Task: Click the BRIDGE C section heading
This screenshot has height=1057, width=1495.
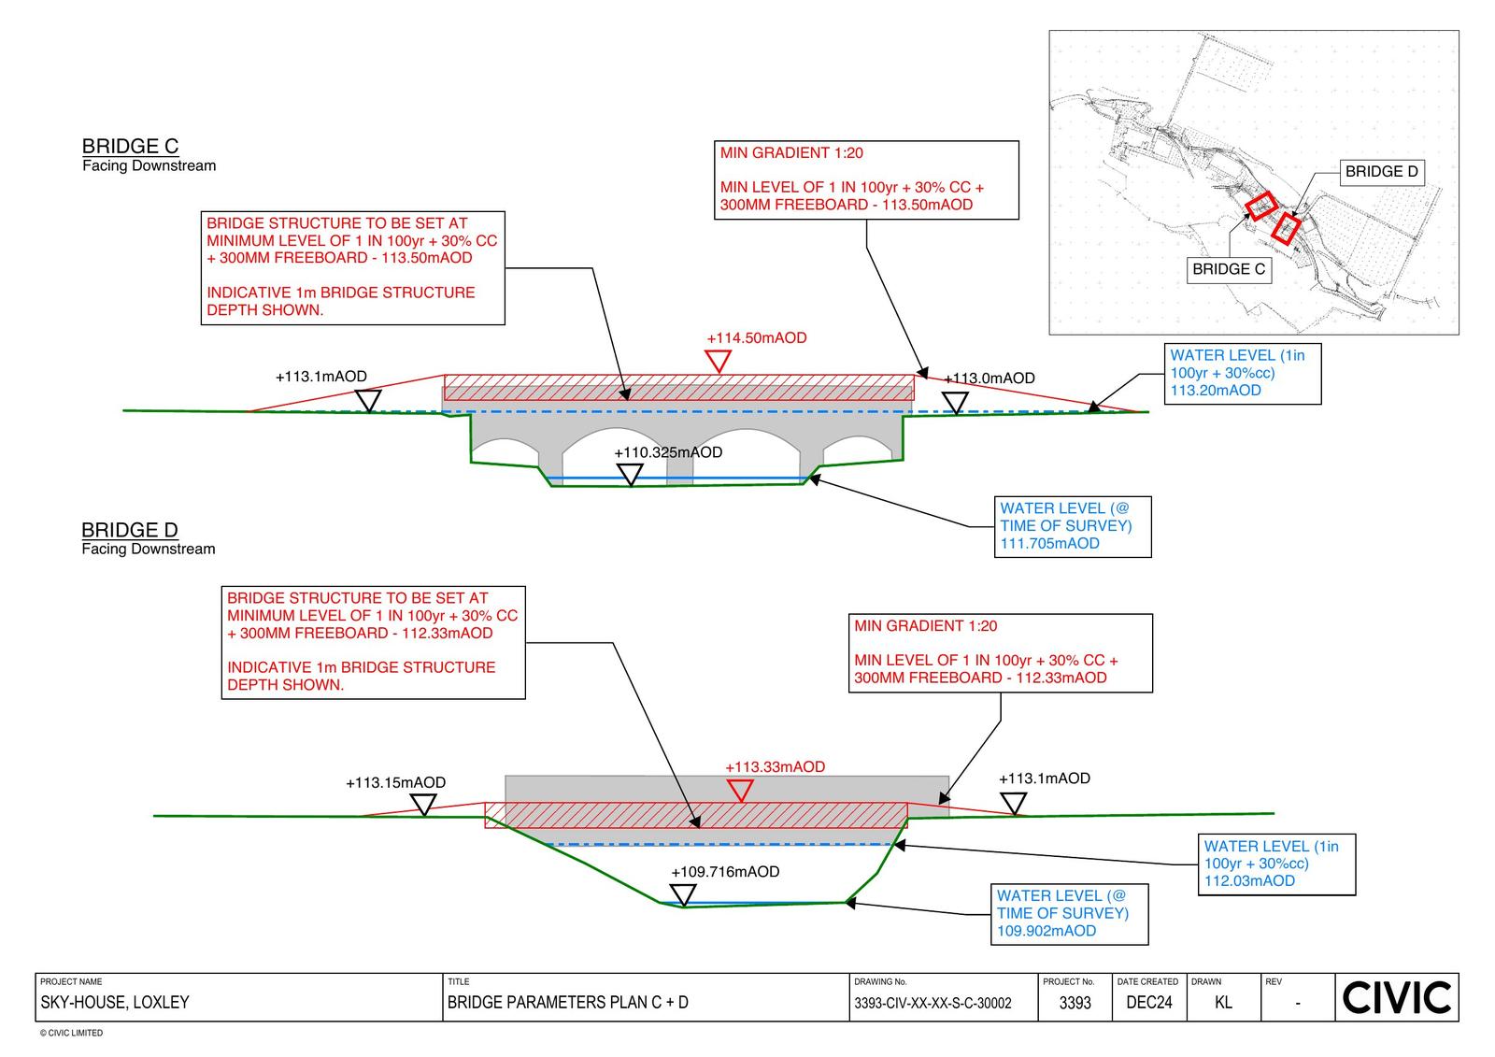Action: click(130, 147)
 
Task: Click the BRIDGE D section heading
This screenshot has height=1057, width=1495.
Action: click(129, 531)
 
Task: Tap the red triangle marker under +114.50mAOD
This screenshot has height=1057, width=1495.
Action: click(718, 361)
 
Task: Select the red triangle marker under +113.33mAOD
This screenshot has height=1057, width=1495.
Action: click(740, 791)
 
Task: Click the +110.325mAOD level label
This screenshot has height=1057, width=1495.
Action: click(668, 452)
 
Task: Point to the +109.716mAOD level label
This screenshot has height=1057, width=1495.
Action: click(725, 872)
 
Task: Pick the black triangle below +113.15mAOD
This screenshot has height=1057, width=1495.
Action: click(424, 804)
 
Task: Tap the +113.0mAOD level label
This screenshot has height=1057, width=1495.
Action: click(990, 379)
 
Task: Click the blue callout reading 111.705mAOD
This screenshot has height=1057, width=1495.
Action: click(1073, 527)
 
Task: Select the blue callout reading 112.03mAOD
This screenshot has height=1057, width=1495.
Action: click(1275, 864)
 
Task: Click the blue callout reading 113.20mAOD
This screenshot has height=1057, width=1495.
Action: click(1242, 374)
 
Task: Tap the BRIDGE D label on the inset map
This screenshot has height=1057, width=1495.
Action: click(1381, 172)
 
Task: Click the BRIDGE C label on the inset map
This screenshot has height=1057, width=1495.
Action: click(1229, 269)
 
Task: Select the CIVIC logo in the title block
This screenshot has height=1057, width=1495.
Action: click(1397, 997)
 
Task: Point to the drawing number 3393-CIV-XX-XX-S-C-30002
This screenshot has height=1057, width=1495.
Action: click(933, 1004)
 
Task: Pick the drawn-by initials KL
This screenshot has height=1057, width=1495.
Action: click(1223, 1003)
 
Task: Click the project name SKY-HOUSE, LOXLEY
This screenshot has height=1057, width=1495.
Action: click(115, 1003)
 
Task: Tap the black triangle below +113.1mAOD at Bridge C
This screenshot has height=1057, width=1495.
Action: click(369, 401)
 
